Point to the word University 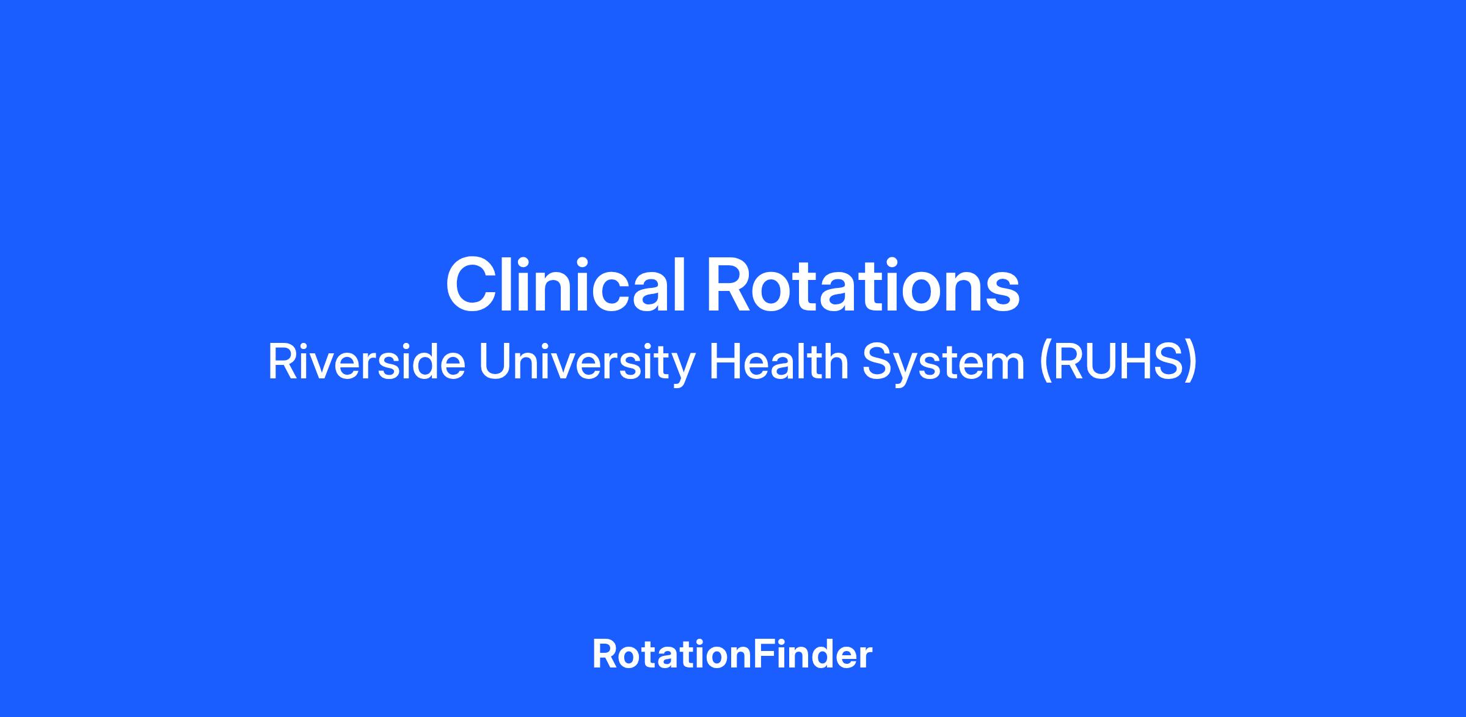coord(587,365)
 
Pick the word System coord(943,365)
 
